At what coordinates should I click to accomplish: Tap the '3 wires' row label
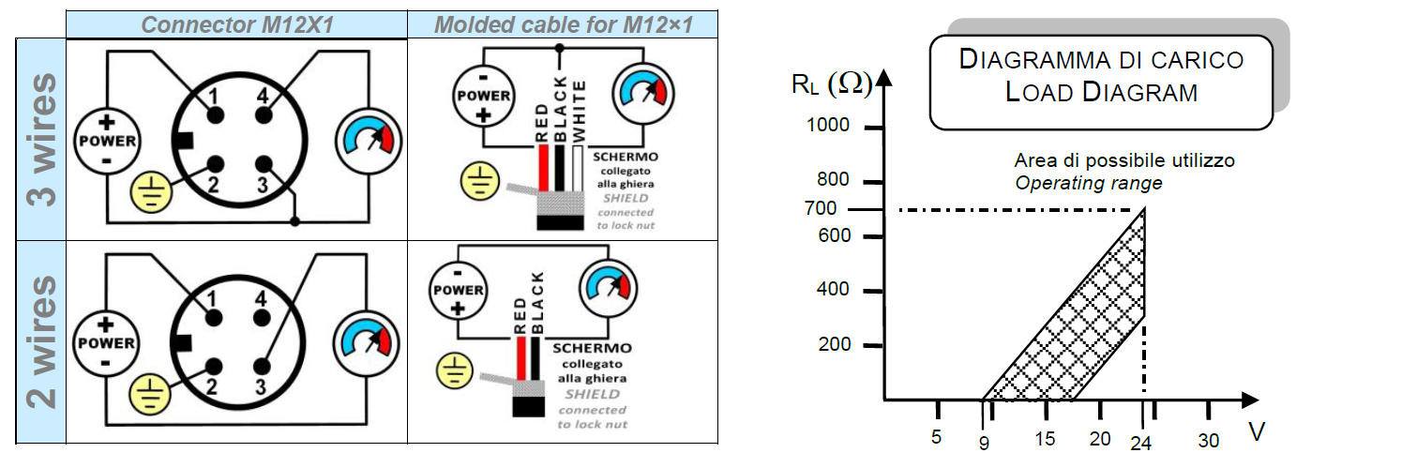click(41, 138)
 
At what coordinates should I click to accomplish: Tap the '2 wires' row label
click(41, 342)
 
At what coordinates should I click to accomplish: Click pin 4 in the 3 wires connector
click(264, 114)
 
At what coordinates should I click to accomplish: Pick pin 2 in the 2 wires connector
click(216, 368)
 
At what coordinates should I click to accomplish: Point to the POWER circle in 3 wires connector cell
click(106, 142)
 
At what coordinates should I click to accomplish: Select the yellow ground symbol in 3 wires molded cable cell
click(479, 182)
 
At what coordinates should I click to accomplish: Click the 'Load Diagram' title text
click(1101, 92)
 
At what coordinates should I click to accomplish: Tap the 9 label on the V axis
click(984, 444)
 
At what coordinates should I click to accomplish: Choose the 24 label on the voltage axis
click(1140, 444)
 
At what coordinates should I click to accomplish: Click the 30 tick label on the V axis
click(1209, 440)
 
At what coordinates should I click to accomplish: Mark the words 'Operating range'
click(1089, 183)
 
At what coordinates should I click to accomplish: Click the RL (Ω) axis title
click(831, 84)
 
